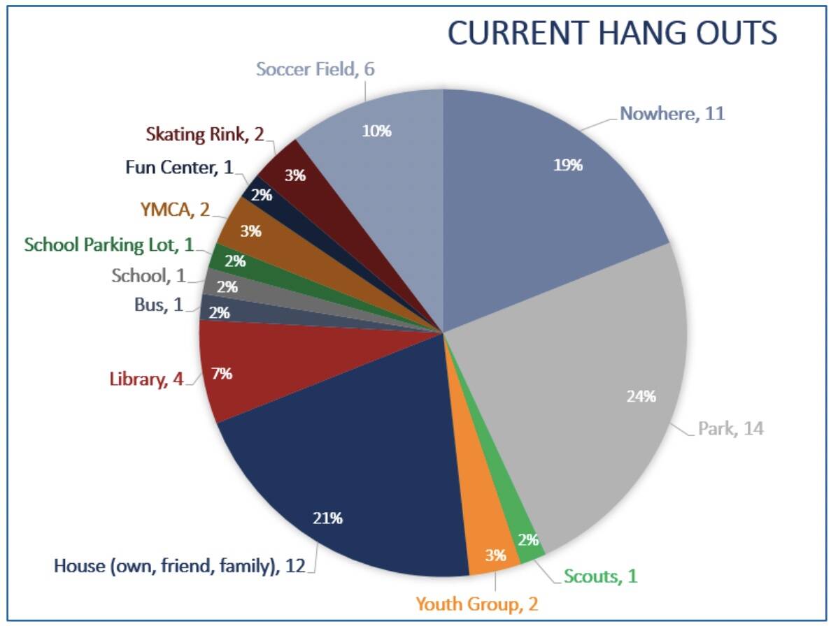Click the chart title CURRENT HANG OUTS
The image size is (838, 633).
612,33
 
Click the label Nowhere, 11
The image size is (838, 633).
672,113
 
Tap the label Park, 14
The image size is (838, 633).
730,428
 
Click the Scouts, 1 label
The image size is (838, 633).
600,576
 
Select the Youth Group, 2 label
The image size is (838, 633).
477,604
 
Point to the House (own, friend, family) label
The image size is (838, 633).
180,565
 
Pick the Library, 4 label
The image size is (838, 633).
146,380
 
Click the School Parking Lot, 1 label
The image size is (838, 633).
108,245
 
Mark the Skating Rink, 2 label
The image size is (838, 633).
205,133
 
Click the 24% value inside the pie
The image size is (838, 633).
641,397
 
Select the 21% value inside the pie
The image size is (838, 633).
327,518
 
